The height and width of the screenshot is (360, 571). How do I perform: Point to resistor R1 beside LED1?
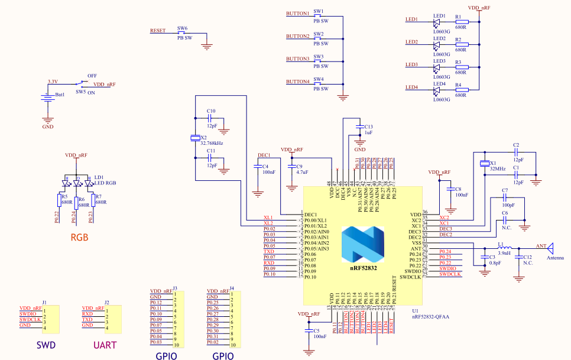(462, 22)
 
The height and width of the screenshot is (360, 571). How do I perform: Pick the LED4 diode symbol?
(436, 90)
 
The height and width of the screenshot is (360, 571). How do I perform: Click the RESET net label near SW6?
(158, 30)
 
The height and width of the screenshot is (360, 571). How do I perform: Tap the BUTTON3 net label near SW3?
(297, 59)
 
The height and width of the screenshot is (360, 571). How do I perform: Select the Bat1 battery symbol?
(47, 98)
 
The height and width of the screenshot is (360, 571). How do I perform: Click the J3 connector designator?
(176, 288)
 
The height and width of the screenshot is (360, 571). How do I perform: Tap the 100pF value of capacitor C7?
(508, 205)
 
